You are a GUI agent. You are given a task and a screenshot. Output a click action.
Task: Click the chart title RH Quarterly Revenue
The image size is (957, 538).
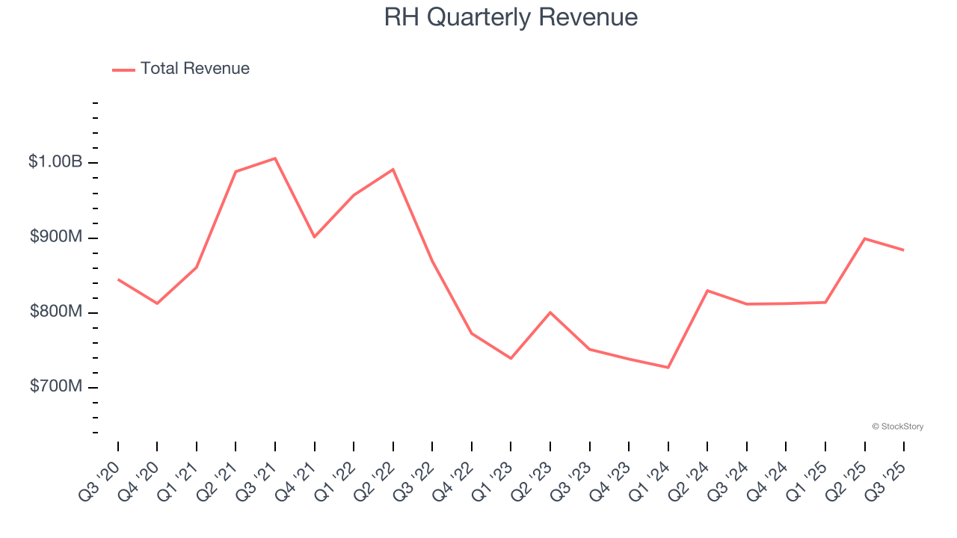click(511, 16)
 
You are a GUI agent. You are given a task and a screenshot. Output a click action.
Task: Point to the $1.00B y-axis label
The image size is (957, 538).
click(55, 162)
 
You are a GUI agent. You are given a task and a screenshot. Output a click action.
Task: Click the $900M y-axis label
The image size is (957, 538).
click(56, 237)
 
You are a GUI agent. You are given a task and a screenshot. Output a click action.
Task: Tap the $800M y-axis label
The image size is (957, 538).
click(56, 312)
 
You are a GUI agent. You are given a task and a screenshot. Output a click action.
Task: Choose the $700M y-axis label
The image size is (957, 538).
click(56, 386)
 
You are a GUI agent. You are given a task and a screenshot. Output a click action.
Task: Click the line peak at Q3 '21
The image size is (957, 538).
click(275, 158)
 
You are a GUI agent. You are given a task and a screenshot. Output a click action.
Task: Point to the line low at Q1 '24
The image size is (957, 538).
click(668, 368)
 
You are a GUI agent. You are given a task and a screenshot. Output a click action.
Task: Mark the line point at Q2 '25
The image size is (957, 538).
click(865, 238)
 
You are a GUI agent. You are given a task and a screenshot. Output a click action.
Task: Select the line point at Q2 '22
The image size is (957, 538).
click(393, 170)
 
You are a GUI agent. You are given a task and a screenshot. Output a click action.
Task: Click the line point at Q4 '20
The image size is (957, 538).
click(157, 303)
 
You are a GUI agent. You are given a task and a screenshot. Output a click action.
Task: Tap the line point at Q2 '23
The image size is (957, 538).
click(550, 312)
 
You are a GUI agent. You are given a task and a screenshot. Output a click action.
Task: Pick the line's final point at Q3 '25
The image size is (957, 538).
click(904, 250)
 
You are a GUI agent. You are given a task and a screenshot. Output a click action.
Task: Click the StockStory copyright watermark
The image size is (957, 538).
click(897, 427)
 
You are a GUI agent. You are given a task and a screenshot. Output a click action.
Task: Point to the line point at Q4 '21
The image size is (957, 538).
click(315, 237)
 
